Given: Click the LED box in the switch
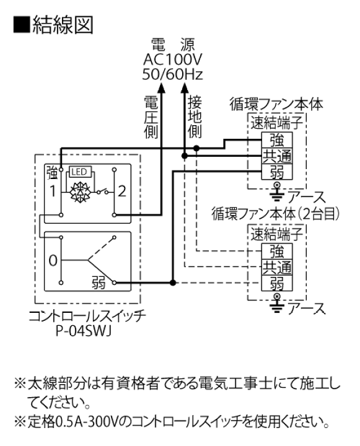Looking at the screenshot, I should click(80, 172).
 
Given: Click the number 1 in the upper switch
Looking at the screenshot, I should click(54, 190).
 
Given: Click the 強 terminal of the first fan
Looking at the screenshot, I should click(276, 140).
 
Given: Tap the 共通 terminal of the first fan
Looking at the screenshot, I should click(276, 155).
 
